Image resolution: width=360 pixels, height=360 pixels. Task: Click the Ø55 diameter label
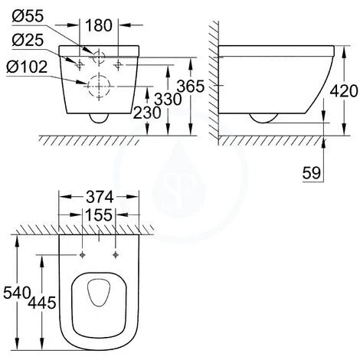click(x=28, y=16)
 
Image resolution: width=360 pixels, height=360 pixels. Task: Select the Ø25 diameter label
click(x=28, y=40)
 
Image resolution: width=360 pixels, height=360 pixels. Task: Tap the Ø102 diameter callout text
click(x=27, y=67)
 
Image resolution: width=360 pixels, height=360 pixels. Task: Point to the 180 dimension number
click(x=99, y=25)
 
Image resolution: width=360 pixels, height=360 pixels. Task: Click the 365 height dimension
click(x=191, y=86)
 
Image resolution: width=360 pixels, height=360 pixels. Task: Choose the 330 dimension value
click(x=168, y=99)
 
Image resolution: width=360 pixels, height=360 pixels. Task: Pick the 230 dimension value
click(x=147, y=113)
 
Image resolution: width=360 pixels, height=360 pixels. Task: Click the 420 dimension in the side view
click(x=344, y=91)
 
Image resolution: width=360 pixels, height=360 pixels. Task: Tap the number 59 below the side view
click(x=312, y=173)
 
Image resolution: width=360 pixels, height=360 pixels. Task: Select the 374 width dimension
click(x=100, y=197)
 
